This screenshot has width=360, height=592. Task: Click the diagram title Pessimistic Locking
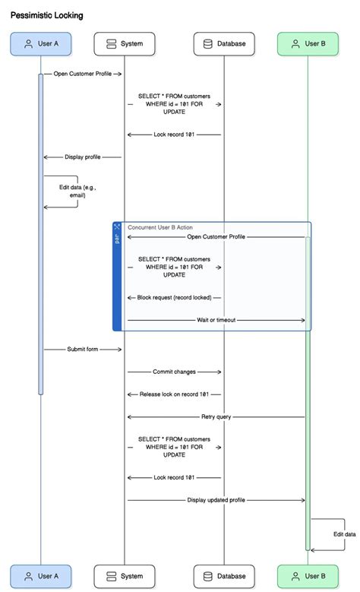(x=47, y=15)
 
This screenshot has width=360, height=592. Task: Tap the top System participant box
(x=124, y=44)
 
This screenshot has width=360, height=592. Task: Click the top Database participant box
(x=224, y=44)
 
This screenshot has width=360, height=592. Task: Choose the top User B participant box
(x=308, y=44)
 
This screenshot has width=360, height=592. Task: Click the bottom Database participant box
(x=224, y=576)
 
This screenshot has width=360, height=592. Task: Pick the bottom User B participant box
(x=308, y=576)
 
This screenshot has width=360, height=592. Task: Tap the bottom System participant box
(x=124, y=576)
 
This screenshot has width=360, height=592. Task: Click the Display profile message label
(x=83, y=157)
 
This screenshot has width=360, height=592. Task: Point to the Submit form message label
(x=83, y=349)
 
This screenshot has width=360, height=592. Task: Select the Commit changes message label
(x=174, y=372)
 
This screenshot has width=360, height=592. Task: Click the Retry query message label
(x=216, y=416)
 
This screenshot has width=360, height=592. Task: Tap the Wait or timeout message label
(x=216, y=320)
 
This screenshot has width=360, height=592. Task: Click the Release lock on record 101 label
(x=174, y=394)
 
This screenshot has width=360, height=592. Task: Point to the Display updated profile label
(x=216, y=500)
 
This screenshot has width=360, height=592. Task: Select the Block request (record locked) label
(x=174, y=298)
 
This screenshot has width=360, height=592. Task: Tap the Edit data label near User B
(x=344, y=534)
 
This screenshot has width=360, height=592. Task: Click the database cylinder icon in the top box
(x=207, y=44)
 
